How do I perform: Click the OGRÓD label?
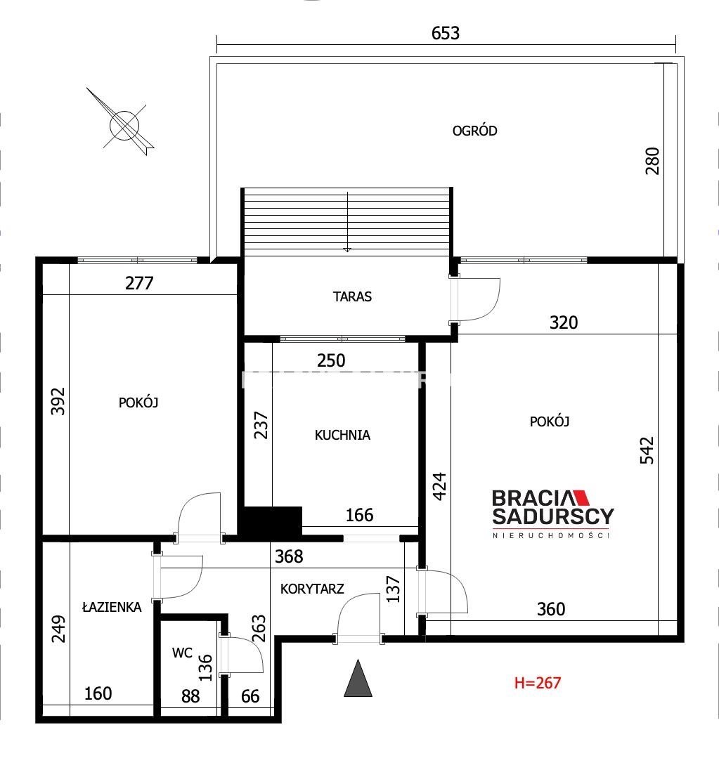click(474, 131)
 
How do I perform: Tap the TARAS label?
click(352, 296)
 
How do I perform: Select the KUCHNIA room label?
click(342, 435)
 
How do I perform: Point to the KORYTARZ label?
click(312, 588)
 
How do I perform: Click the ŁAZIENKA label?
click(112, 607)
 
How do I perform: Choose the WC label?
click(182, 653)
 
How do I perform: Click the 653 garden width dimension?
click(446, 33)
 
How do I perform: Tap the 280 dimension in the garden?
click(652, 161)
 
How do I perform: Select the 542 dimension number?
click(647, 450)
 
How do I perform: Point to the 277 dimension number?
click(139, 283)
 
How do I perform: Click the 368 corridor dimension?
click(289, 556)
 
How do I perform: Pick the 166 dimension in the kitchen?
click(359, 515)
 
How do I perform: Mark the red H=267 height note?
click(537, 683)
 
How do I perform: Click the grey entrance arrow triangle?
click(358, 678)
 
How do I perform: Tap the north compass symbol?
click(124, 124)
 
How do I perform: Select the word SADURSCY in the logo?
click(553, 516)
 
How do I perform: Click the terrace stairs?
click(346, 222)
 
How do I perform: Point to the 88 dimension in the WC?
click(190, 696)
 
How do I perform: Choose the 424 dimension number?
click(439, 486)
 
